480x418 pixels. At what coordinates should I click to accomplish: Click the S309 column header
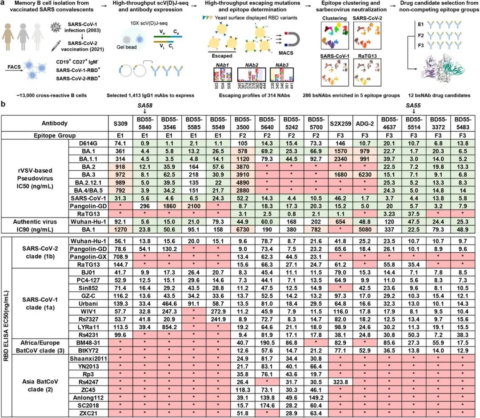coord(118,123)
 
